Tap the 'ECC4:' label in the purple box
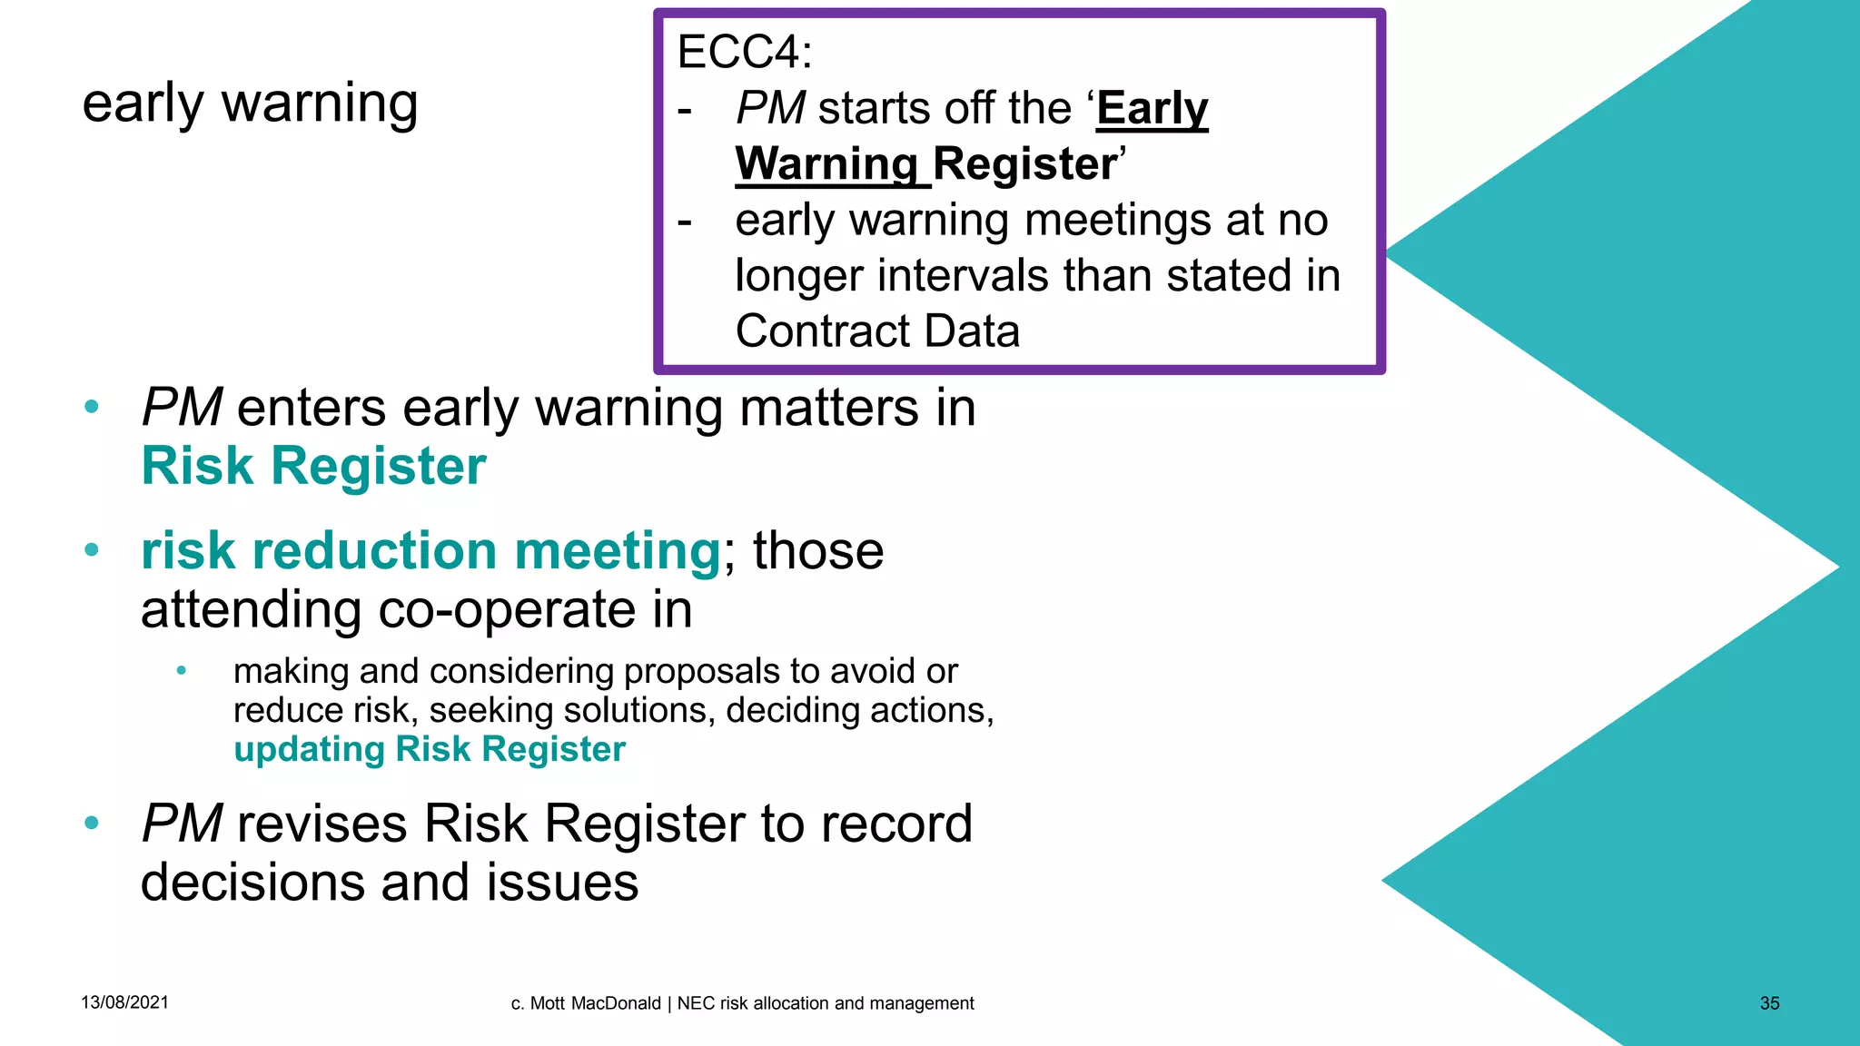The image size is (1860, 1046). click(744, 52)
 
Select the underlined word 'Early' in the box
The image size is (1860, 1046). click(1152, 109)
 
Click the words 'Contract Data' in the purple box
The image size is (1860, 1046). click(877, 331)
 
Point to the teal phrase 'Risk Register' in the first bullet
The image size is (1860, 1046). click(313, 466)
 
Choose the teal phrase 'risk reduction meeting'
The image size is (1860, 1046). click(431, 551)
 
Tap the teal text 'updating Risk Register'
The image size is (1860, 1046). click(430, 749)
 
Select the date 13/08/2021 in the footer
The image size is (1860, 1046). click(124, 1002)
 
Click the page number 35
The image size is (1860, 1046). click(1769, 1003)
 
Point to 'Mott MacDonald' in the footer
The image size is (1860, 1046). click(595, 1003)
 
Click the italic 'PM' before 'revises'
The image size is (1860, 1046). click(182, 824)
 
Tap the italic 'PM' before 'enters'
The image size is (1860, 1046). click(182, 408)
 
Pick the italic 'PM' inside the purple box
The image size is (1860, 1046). click(770, 109)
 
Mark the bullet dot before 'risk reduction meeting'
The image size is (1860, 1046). click(91, 550)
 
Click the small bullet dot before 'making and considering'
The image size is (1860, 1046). click(182, 671)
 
